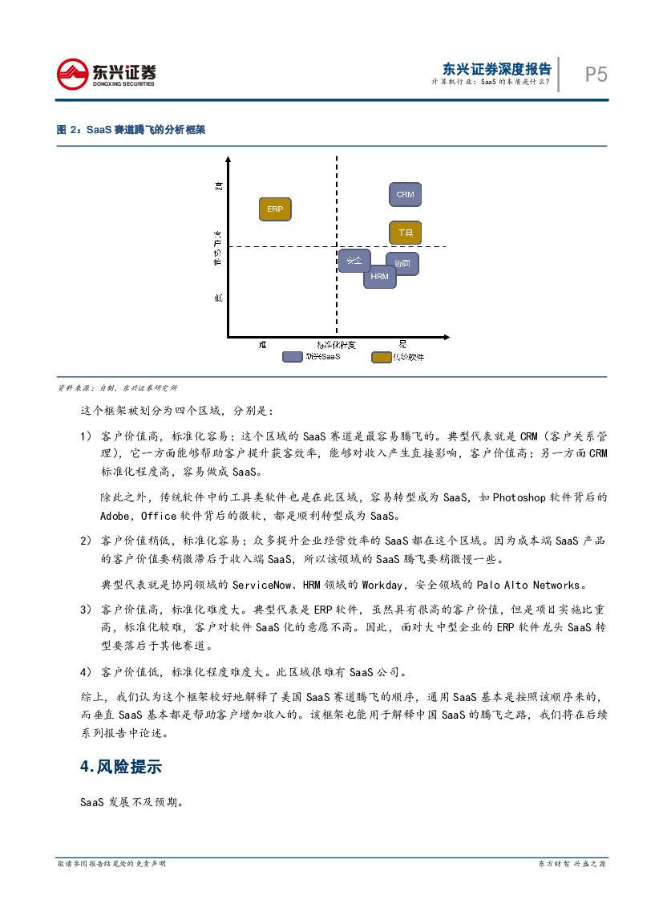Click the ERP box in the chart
(275, 209)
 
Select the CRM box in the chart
(405, 195)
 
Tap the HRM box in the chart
(379, 277)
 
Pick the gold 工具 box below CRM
(405, 233)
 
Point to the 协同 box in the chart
(402, 263)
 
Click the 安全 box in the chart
(353, 261)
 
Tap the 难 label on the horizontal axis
(262, 343)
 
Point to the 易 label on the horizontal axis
(402, 343)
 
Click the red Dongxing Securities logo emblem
(72, 75)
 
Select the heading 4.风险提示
(121, 767)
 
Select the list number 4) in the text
(86, 671)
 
